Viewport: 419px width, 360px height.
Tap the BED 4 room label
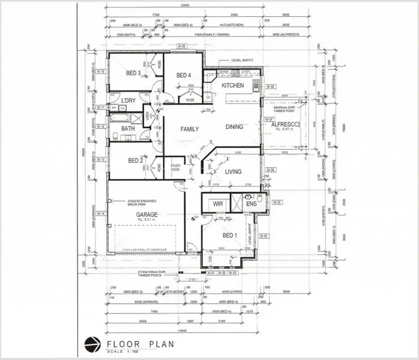[x=184, y=75]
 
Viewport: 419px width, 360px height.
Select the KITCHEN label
[x=232, y=85]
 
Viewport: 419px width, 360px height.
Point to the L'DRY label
[x=128, y=100]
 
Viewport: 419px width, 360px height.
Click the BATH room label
[x=128, y=128]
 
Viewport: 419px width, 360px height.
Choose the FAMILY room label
[x=189, y=129]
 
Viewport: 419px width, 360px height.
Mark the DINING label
[x=234, y=127]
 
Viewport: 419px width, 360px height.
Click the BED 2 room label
[x=136, y=161]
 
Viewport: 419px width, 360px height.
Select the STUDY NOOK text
[x=175, y=166]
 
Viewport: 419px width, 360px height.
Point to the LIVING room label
[x=233, y=171]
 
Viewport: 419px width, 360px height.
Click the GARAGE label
[x=144, y=214]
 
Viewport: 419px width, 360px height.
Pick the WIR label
[x=217, y=204]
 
